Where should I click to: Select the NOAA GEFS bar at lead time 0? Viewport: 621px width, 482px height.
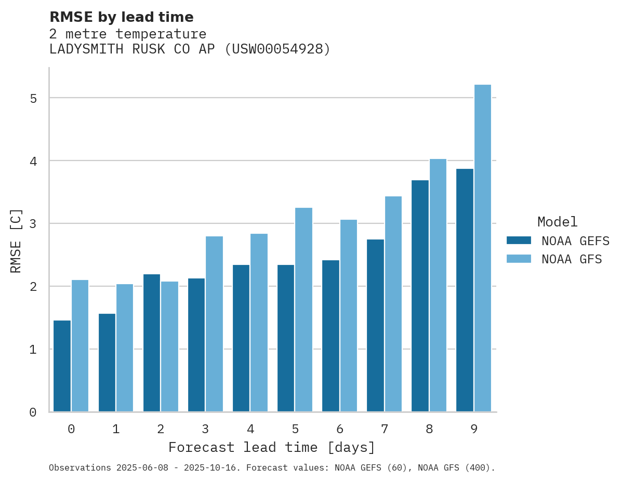[x=62, y=366]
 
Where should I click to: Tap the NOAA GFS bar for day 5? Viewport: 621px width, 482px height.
[x=304, y=310]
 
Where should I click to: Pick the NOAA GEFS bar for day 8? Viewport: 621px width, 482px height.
[x=420, y=296]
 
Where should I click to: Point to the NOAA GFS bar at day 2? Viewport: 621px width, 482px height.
[x=169, y=346]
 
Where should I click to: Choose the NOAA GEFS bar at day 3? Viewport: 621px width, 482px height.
[x=196, y=345]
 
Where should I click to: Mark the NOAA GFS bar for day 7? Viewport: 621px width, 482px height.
[x=393, y=304]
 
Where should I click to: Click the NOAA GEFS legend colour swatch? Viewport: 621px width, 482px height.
[x=519, y=240]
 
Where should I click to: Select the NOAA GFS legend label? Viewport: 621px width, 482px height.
[x=572, y=259]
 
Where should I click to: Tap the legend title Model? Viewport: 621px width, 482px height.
[x=557, y=222]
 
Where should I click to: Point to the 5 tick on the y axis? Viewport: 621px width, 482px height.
[x=33, y=98]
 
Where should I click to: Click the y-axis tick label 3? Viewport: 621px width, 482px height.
[x=33, y=224]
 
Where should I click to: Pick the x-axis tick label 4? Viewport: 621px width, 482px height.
[x=250, y=429]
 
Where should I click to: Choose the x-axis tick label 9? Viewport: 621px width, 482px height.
[x=474, y=429]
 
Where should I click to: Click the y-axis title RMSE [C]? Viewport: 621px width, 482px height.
[x=16, y=240]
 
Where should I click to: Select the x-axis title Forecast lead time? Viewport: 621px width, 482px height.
[x=271, y=447]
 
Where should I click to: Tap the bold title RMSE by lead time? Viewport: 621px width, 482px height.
[x=121, y=17]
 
